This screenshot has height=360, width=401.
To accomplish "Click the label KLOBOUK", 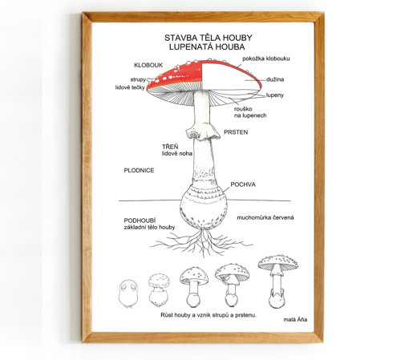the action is point(148,65).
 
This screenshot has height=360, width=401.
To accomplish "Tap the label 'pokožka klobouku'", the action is point(266,59).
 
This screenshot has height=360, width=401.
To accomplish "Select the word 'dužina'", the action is point(275,79).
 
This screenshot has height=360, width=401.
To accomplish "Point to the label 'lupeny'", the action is point(275,95).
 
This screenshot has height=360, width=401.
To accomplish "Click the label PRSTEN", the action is point(236,132).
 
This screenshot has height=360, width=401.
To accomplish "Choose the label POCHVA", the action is point(243,184).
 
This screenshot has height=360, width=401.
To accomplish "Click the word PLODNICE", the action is point(139,171).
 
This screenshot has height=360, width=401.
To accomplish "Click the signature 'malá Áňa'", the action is point(295,319).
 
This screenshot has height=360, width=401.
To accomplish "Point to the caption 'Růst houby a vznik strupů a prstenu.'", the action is point(209,315).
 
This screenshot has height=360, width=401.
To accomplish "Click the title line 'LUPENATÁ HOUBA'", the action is point(207,47).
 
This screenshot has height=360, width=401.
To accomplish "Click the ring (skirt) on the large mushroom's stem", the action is point(203,132).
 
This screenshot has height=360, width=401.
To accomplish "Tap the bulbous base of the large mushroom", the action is point(204,206).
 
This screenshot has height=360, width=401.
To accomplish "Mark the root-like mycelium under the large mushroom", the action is point(202,242).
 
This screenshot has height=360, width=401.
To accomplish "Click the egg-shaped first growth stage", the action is point(128,293).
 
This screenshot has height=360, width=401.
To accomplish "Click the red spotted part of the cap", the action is point(175,75).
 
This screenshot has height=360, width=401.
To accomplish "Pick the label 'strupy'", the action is point(138,79).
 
